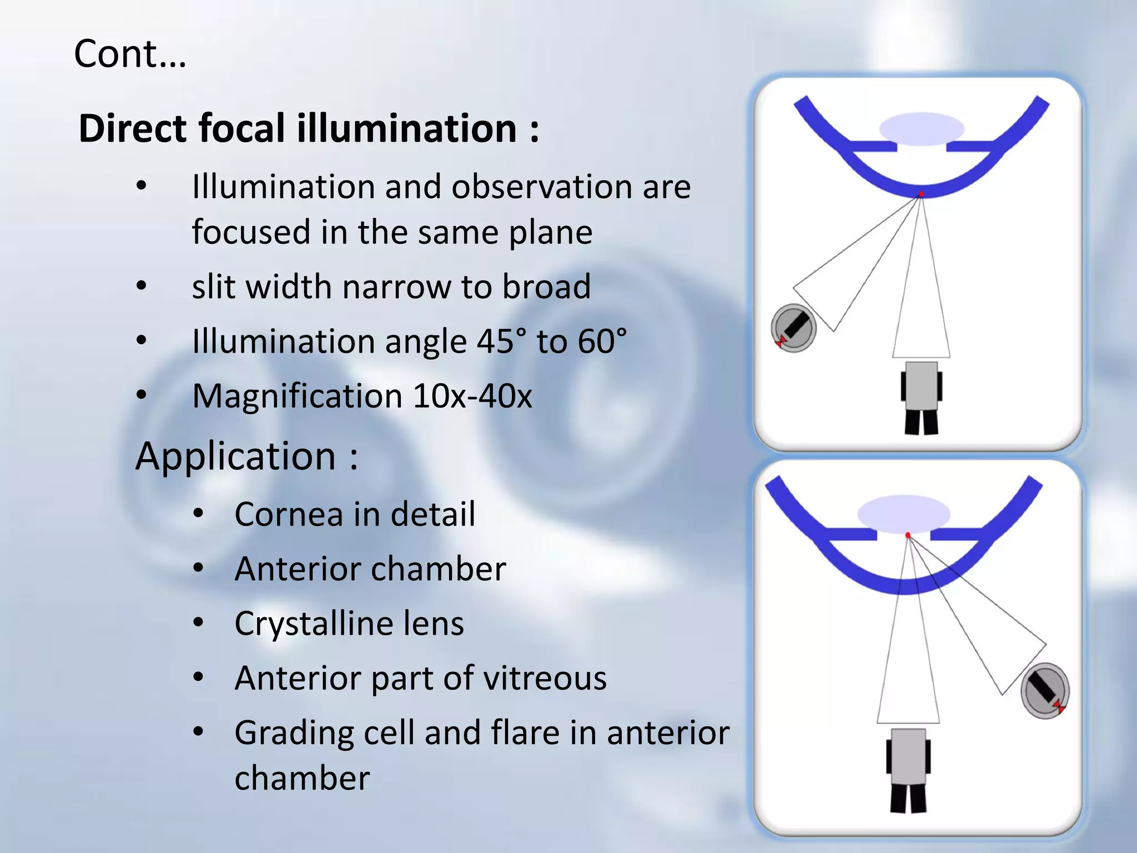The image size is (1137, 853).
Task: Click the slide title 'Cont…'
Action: (130, 54)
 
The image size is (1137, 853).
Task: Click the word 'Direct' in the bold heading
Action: (133, 128)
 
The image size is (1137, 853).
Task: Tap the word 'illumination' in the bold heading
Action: (406, 128)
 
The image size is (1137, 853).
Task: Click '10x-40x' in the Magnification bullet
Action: (472, 396)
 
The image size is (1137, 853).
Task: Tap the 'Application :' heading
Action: (247, 456)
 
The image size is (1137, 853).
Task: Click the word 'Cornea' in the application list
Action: (289, 514)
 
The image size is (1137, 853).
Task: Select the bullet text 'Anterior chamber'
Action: (370, 569)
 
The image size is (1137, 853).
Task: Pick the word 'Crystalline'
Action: (311, 624)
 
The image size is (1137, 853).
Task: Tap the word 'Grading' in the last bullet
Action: (294, 733)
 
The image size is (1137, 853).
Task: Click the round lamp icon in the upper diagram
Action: (793, 329)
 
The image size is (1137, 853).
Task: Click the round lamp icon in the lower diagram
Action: (1045, 691)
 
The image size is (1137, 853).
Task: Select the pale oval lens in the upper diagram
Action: (922, 129)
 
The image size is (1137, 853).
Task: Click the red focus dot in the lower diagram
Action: (908, 535)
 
